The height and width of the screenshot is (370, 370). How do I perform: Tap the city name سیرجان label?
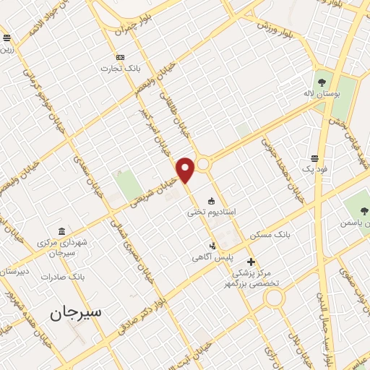pos(77,313)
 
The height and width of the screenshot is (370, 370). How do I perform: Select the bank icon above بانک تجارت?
pos(120,58)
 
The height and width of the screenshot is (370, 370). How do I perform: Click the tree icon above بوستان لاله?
pos(320,81)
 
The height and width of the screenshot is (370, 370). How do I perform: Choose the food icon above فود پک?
pos(315,158)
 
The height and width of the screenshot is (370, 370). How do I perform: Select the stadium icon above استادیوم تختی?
pos(211,201)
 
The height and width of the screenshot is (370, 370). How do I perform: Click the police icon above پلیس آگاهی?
pos(212,245)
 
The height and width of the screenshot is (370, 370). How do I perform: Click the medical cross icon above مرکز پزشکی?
pos(251,262)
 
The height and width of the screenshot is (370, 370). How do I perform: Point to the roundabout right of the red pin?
pos(205,164)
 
